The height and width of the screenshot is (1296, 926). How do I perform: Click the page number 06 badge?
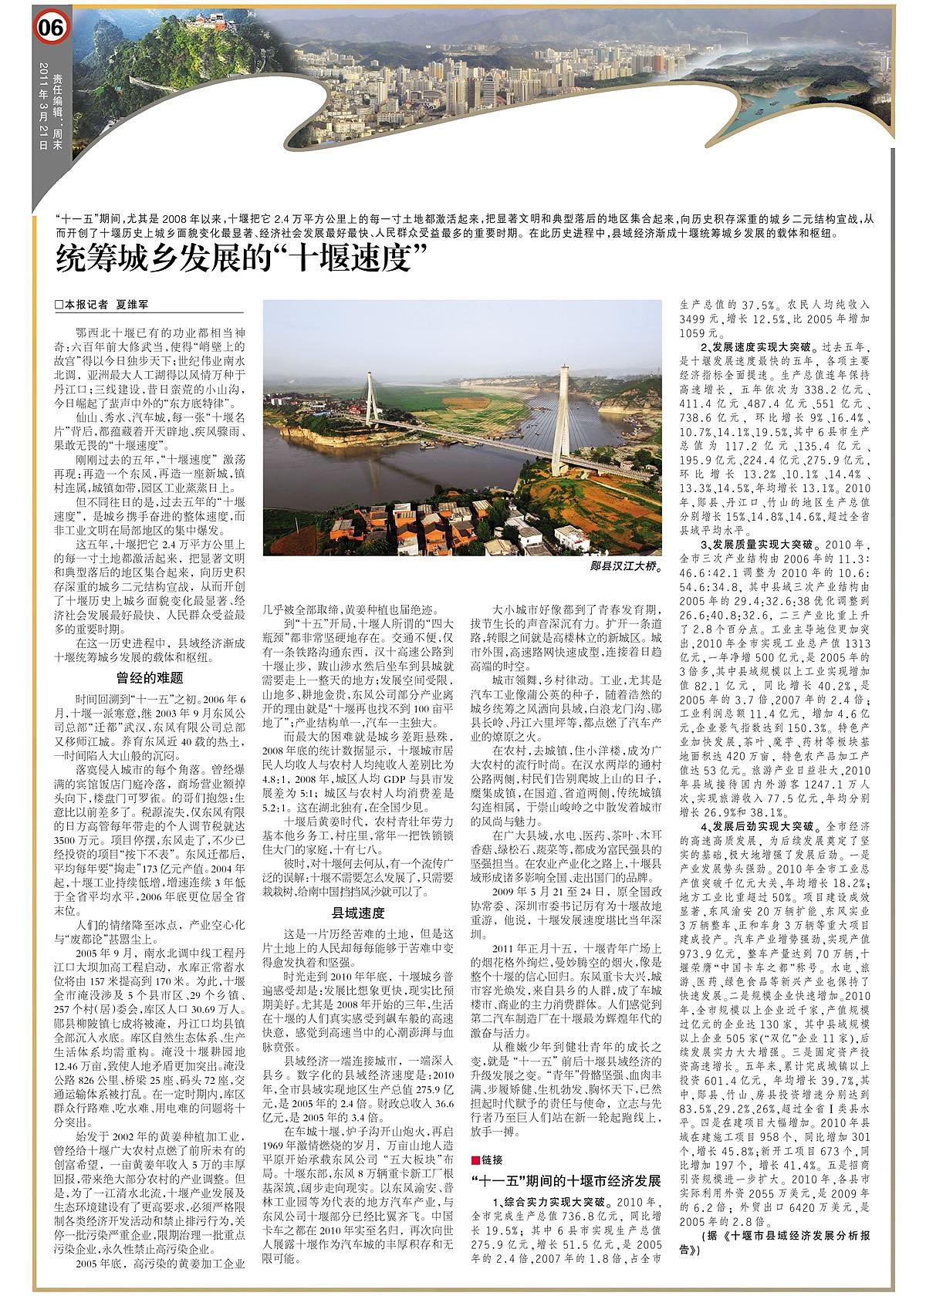[52, 29]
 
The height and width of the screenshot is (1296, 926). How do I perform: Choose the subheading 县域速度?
[358, 913]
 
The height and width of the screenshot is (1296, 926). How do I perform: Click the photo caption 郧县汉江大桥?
[625, 566]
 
